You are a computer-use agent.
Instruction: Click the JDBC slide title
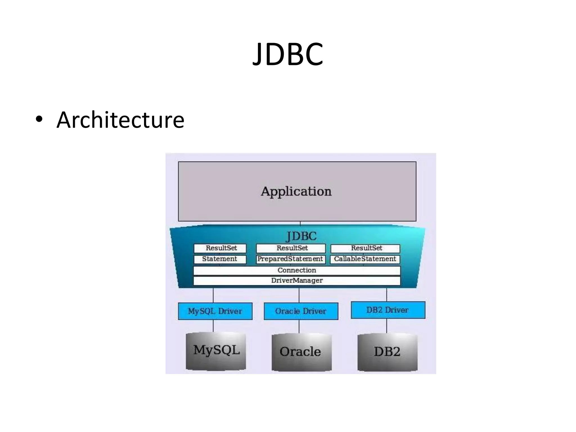(x=288, y=54)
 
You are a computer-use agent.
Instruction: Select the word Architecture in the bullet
(x=120, y=120)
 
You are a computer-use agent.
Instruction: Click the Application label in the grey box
(x=296, y=192)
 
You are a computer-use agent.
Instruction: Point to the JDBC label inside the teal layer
(x=301, y=236)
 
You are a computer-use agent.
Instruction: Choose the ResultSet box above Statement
(x=220, y=248)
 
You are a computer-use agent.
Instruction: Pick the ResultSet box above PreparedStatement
(x=291, y=248)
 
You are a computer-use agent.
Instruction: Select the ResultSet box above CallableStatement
(x=365, y=248)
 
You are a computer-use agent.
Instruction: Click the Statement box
(x=220, y=259)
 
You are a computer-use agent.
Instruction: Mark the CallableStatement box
(x=365, y=259)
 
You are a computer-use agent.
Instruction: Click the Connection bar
(x=297, y=270)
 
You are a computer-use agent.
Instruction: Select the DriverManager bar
(x=297, y=281)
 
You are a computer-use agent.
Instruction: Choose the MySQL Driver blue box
(x=215, y=311)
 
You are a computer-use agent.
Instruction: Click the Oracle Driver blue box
(x=301, y=311)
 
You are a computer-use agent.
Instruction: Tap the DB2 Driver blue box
(x=388, y=310)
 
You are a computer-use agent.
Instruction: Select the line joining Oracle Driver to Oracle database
(x=299, y=326)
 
